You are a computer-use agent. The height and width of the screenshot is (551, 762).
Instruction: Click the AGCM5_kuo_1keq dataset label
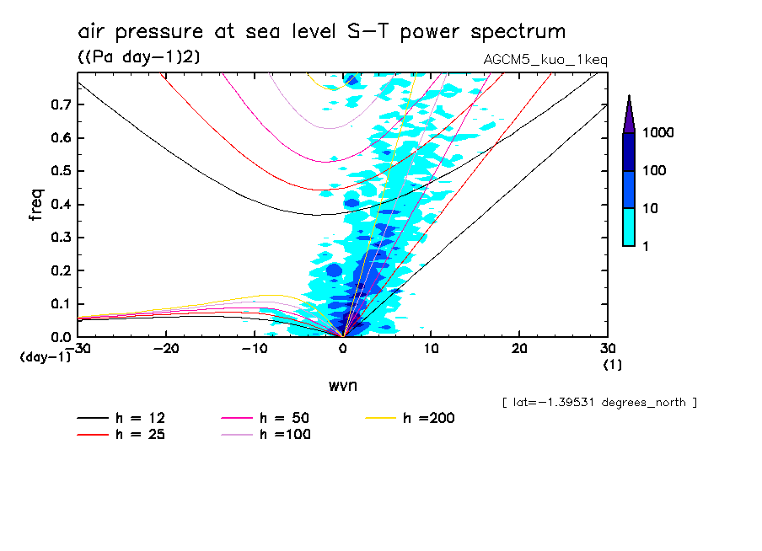pos(545,60)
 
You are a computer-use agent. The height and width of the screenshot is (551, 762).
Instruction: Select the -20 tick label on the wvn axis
pos(166,349)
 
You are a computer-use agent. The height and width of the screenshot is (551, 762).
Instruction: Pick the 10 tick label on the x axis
pos(432,349)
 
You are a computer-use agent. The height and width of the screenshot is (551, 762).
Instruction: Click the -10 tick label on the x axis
pos(255,349)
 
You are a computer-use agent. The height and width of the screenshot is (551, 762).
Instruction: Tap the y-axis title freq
pos(36,205)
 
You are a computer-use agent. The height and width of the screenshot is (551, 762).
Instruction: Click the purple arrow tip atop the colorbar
pos(629,110)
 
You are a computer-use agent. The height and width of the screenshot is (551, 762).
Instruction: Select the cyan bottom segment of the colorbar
pos(629,227)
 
